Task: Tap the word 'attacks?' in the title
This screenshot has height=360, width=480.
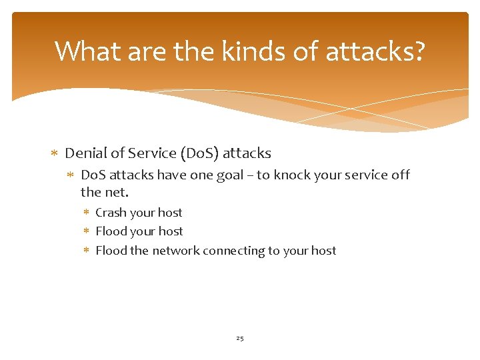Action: (x=375, y=51)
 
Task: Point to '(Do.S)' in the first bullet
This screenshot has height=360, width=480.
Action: (x=199, y=153)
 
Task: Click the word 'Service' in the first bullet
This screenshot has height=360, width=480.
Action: (x=152, y=153)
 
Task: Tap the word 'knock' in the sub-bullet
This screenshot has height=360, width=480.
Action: (x=304, y=175)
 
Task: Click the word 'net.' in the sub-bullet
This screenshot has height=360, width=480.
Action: (x=114, y=193)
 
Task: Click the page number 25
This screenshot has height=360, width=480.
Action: (x=240, y=339)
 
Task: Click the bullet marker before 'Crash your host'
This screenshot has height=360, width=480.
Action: (x=87, y=213)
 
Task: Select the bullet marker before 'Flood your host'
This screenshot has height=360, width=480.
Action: (x=87, y=232)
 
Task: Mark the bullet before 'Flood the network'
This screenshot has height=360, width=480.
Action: (x=87, y=251)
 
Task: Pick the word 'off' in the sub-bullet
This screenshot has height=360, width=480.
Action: (x=400, y=175)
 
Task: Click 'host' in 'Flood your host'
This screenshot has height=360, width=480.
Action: (x=170, y=231)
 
